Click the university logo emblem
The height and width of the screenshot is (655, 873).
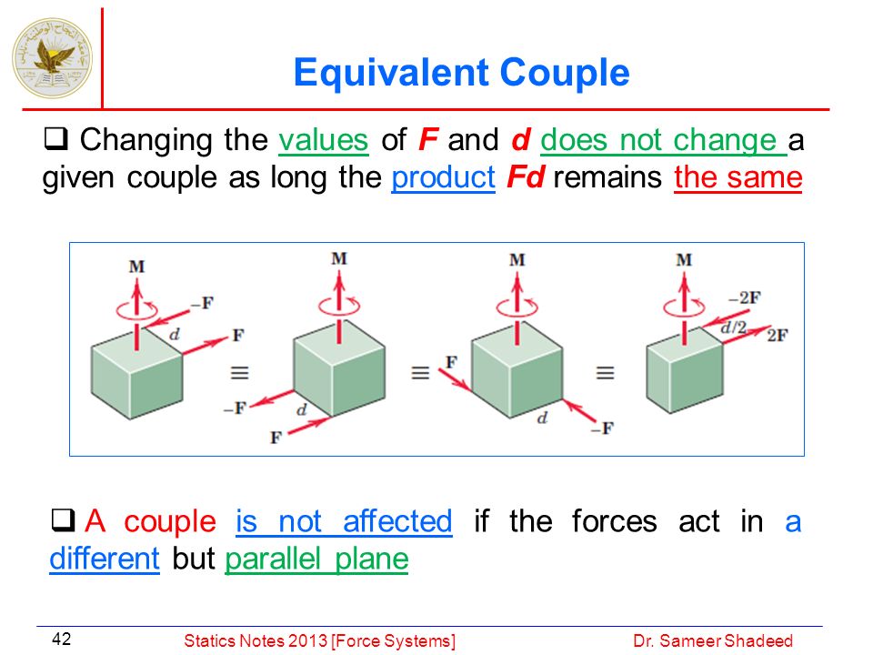pos(53,58)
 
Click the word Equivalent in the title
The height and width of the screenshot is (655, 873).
pos(390,73)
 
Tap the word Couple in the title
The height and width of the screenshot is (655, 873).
pos(565,74)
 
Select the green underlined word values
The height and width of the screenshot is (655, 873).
pos(324,140)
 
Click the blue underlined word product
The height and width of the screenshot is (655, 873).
pos(443,178)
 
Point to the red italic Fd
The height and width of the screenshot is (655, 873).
pos(525,177)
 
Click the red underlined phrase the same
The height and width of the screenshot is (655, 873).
pos(738,178)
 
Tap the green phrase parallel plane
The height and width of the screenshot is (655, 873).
pos(316,559)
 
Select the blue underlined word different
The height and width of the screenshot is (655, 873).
pos(105,558)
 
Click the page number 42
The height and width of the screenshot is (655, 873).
pos(61,639)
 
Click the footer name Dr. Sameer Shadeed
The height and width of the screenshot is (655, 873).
pos(713,641)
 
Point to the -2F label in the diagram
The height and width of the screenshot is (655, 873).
pos(745,298)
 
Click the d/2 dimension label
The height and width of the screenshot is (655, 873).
pos(733,327)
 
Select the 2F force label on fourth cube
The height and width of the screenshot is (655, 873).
pos(778,336)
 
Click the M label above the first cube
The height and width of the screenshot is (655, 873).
pos(137,267)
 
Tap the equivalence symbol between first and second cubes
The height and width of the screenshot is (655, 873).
pos(239,372)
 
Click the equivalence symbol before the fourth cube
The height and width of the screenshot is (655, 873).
pos(606,372)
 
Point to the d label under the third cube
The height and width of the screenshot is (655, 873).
pos(542,418)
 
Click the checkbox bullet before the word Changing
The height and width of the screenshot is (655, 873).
pos(55,138)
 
